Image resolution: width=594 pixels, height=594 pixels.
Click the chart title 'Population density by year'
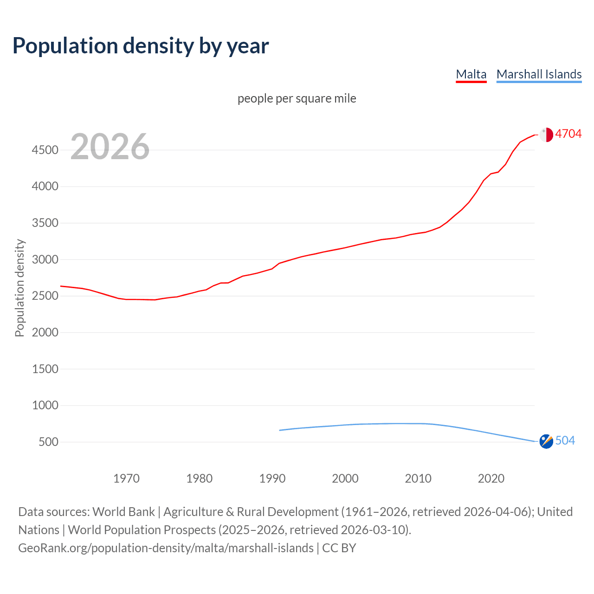[141, 46]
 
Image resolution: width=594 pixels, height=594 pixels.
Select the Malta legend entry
[471, 74]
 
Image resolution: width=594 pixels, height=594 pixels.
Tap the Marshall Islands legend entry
[539, 74]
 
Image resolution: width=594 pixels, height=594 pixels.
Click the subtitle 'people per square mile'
[297, 98]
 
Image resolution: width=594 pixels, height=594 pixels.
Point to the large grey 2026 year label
[110, 147]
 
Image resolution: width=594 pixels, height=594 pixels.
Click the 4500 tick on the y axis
[45, 150]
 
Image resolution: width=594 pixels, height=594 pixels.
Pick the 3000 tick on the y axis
[45, 259]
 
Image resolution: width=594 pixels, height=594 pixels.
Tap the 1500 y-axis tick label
[45, 369]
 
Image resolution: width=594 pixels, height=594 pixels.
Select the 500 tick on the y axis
[48, 442]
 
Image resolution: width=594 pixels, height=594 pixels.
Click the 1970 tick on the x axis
[126, 478]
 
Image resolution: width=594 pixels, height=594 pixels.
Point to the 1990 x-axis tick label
[272, 478]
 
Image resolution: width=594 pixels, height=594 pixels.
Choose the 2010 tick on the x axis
[418, 478]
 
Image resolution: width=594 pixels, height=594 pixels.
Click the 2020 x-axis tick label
[491, 478]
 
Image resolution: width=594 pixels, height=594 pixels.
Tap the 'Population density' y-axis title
[19, 288]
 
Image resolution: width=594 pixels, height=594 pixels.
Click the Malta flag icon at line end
[546, 135]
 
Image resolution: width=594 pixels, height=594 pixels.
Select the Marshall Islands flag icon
[546, 441]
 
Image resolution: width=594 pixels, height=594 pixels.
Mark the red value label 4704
[568, 134]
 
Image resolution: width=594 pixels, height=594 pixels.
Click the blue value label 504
[565, 440]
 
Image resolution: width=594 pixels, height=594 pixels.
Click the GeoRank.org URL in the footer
[166, 548]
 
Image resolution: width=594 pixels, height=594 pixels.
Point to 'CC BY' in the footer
[339, 548]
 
